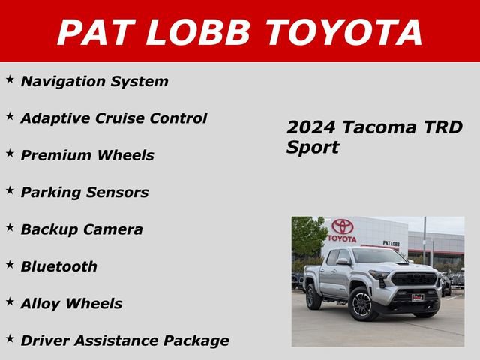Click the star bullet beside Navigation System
click(x=10, y=79)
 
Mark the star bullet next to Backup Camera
click(x=10, y=226)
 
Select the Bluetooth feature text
click(x=59, y=266)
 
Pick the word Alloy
click(x=40, y=304)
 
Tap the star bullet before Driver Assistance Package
click(x=10, y=337)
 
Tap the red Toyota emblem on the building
click(x=342, y=226)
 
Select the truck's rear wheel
click(x=313, y=295)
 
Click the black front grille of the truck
click(x=415, y=279)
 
